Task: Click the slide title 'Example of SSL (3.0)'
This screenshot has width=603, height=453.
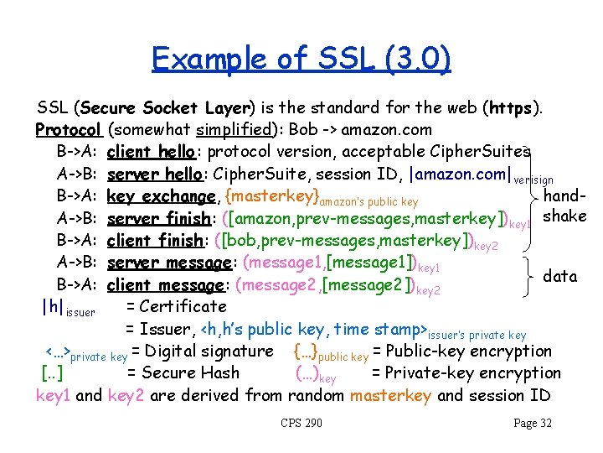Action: tap(301, 59)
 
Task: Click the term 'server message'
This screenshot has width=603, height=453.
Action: tap(167, 263)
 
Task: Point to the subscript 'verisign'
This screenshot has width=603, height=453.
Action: tap(533, 180)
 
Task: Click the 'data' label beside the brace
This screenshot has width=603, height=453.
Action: tap(560, 275)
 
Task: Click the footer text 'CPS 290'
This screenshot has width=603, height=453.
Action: tap(301, 423)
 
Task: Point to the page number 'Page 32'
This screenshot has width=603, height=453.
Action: tap(533, 423)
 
